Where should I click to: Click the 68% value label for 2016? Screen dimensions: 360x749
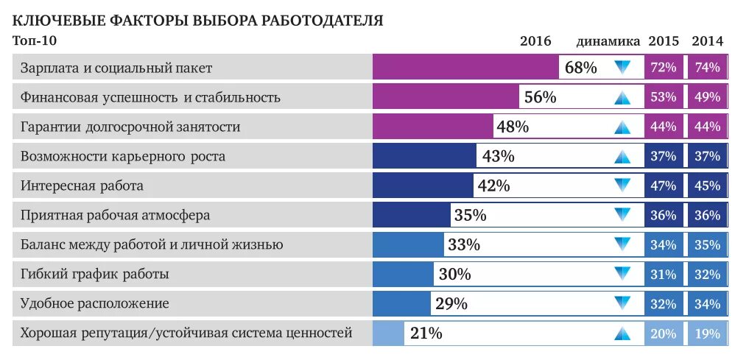(x=580, y=68)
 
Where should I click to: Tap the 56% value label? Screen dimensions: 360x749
(x=540, y=97)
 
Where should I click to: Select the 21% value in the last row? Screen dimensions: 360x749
(x=426, y=333)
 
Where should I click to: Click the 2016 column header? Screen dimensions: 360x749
(x=535, y=41)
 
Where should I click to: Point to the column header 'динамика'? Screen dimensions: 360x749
(x=608, y=41)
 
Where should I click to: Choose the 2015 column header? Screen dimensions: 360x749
(x=664, y=41)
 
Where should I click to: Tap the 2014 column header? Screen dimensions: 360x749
(x=707, y=41)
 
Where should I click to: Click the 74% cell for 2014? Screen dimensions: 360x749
(x=707, y=68)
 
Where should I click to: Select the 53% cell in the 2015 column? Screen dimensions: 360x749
(x=664, y=97)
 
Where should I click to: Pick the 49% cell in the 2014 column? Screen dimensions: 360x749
(x=707, y=97)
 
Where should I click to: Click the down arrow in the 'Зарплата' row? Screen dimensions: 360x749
(x=623, y=68)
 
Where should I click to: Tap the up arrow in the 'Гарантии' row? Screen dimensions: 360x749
(x=623, y=127)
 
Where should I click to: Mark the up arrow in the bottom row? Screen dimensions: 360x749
(x=623, y=333)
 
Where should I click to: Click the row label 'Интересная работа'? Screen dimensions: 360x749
(x=82, y=186)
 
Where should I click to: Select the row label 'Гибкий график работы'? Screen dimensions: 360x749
(x=95, y=275)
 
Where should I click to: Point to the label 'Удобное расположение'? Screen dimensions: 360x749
(x=95, y=303)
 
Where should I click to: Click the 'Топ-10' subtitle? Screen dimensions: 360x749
(x=35, y=41)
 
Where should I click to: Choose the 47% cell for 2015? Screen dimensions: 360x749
(x=664, y=186)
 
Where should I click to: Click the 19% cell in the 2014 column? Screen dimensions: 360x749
(x=707, y=333)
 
